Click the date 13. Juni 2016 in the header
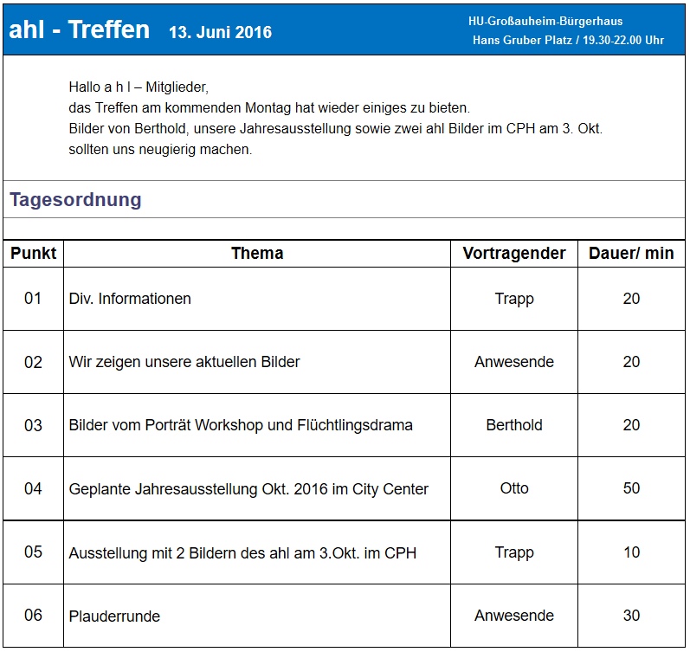point(220,32)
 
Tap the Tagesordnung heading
point(75,200)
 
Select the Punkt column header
point(33,253)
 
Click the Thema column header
point(257,253)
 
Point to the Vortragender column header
point(514,253)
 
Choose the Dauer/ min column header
point(631,253)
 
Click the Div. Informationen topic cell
point(130,299)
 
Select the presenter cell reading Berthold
point(514,425)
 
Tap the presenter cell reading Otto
point(514,488)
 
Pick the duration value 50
point(631,488)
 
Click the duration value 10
point(631,552)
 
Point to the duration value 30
point(631,616)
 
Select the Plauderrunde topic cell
point(114,616)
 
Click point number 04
point(33,488)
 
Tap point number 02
point(33,362)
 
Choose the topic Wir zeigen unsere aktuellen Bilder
point(184,362)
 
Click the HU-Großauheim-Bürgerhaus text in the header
point(545,21)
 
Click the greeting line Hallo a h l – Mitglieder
point(139,87)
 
